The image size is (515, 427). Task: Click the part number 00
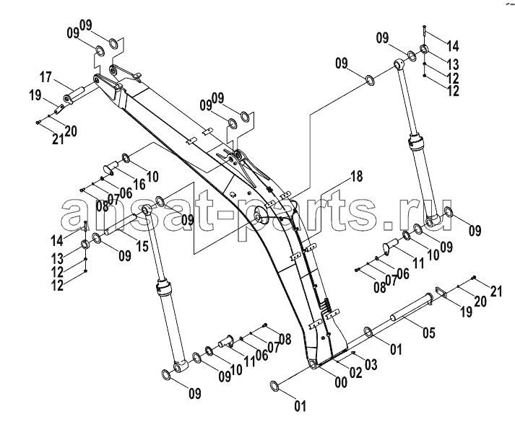point(341,382)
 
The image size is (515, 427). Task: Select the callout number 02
point(355,373)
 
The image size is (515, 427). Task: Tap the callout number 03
point(371,364)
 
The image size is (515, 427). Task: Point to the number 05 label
point(428,333)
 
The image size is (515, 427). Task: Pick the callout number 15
point(142,246)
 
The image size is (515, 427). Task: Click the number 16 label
point(139,185)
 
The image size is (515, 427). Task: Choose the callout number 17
point(46,77)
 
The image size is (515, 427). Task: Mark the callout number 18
point(356,177)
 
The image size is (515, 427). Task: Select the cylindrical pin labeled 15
point(120,224)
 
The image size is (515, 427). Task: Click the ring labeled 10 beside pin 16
point(126,157)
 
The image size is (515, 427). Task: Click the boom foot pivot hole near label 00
point(312,364)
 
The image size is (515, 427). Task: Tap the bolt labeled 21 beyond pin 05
point(474,278)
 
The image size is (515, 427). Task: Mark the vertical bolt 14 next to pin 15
point(85,226)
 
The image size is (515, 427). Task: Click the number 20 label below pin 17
point(71,131)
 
